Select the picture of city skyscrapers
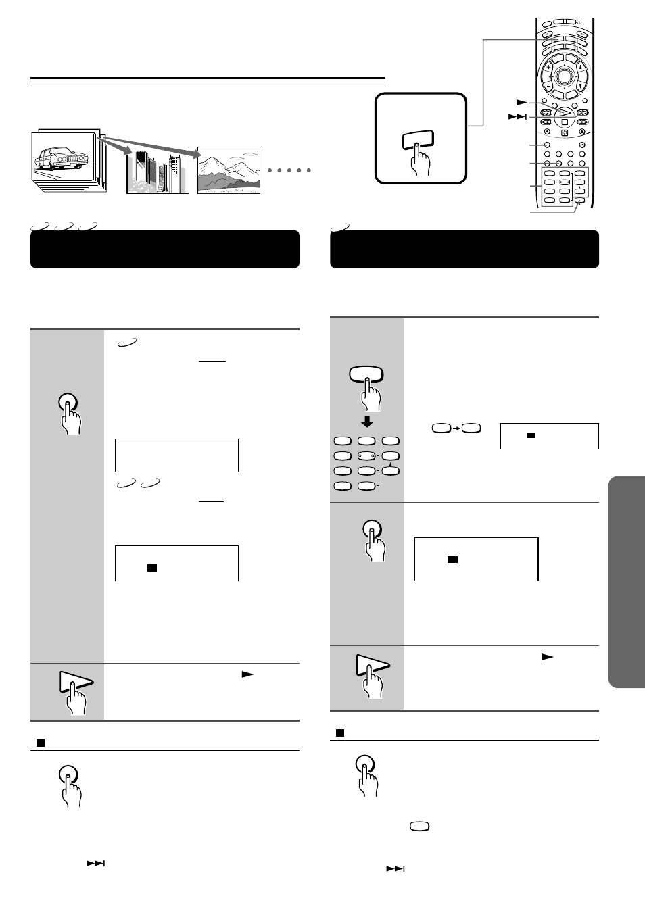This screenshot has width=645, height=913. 158,170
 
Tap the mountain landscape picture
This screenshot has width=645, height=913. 229,170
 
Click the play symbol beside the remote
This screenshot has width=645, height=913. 521,103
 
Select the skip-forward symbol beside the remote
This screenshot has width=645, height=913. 517,117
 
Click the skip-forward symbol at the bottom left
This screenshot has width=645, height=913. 95,864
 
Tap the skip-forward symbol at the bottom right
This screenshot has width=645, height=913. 396,869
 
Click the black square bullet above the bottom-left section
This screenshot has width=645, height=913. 40,742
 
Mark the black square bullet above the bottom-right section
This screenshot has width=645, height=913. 340,733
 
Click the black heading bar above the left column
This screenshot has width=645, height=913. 165,249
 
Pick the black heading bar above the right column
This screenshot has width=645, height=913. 464,249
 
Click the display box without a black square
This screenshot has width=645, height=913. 176,455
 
